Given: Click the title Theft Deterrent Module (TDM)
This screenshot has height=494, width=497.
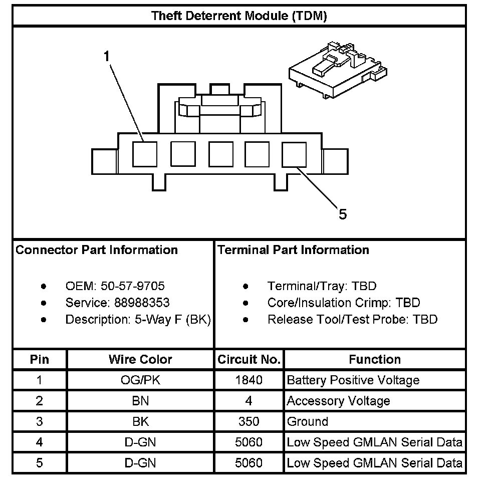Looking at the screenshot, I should click(239, 16).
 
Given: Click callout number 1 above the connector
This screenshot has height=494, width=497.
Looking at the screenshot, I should click(106, 56).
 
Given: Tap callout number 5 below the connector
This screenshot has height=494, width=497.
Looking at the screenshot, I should click(342, 214).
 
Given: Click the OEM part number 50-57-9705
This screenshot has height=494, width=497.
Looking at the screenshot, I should click(132, 286).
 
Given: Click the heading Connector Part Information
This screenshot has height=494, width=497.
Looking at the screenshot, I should click(97, 250).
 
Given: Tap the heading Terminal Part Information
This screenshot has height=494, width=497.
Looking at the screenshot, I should click(293, 250).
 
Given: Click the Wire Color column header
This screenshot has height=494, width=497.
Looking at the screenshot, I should click(140, 359).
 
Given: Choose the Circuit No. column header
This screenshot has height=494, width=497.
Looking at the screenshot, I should click(249, 359).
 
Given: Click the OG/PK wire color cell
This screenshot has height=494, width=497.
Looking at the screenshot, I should click(140, 380).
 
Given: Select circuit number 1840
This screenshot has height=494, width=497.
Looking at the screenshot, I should click(249, 380).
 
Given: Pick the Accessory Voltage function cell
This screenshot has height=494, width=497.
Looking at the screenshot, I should click(338, 401).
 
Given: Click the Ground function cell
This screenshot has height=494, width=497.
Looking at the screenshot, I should click(307, 421).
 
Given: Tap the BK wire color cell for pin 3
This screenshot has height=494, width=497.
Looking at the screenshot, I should click(140, 421).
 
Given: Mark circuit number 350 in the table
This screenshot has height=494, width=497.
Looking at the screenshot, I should click(249, 421).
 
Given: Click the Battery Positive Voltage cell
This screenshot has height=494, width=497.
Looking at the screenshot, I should click(353, 380).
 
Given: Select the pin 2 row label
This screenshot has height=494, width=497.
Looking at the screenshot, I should click(40, 401).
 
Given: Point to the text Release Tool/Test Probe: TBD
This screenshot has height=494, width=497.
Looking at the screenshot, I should click(352, 319).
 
